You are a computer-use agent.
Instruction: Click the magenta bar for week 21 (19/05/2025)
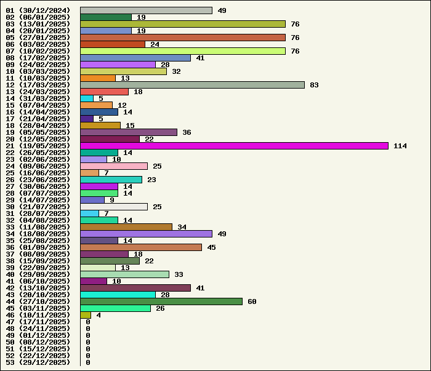point(234,146)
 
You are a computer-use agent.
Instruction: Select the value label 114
point(400,146)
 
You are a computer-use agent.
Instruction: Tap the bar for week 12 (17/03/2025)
point(192,85)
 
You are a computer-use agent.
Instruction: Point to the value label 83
point(314,85)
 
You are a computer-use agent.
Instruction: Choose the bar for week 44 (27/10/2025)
point(161,301)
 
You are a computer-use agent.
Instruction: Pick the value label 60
point(252,301)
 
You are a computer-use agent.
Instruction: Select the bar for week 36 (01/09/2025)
point(141,247)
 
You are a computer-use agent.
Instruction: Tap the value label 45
point(211,247)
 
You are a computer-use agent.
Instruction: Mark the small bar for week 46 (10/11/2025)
point(86,315)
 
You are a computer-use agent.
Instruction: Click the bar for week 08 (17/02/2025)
point(135,58)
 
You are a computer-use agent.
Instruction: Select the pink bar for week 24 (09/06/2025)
point(114,166)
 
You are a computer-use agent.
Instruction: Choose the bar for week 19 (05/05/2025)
point(129,132)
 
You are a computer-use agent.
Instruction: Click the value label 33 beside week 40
point(179,274)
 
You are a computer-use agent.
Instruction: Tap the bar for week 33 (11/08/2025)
point(126,227)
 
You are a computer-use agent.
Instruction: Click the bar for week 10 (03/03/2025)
point(123,71)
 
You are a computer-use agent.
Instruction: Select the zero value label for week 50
point(88,342)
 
